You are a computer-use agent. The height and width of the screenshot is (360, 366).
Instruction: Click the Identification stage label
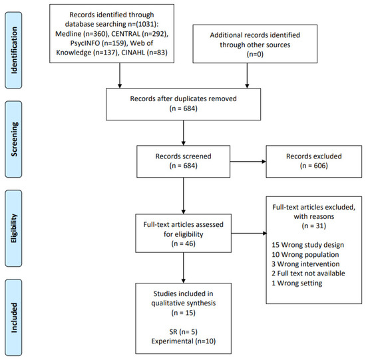tap(14, 50)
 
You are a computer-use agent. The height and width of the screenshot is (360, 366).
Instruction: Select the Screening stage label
tap(14, 139)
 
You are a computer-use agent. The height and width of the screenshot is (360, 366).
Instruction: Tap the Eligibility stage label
tap(14, 228)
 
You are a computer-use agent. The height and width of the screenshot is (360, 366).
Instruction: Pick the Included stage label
tap(14, 317)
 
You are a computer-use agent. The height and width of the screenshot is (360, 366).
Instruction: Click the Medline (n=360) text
tap(82, 34)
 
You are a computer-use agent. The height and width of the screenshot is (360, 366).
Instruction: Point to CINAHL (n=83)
tap(144, 53)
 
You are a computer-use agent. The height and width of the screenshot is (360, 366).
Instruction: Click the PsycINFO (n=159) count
tap(99, 43)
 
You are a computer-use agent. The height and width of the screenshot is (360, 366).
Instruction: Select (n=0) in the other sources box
tap(255, 54)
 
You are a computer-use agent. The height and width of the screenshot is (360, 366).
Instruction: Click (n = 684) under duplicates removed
tap(183, 108)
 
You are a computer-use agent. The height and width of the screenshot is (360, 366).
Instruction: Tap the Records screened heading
tap(183, 156)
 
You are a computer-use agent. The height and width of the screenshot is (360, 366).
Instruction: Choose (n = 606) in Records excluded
tap(313, 166)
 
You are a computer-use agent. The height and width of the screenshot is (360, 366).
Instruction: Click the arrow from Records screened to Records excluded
tap(248, 161)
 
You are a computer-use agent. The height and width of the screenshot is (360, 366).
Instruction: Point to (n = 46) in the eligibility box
tap(183, 244)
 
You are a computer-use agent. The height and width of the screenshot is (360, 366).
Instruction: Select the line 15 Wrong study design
tap(307, 245)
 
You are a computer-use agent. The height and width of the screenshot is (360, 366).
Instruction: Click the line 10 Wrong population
tap(305, 254)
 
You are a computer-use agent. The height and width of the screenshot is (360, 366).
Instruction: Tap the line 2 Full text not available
tap(308, 273)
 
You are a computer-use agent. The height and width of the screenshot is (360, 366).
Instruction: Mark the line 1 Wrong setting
tap(297, 283)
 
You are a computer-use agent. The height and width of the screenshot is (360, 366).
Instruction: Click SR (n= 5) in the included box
tap(183, 332)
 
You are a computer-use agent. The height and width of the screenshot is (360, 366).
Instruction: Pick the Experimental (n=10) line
tap(183, 341)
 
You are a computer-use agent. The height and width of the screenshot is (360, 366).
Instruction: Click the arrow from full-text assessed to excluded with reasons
tap(249, 233)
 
